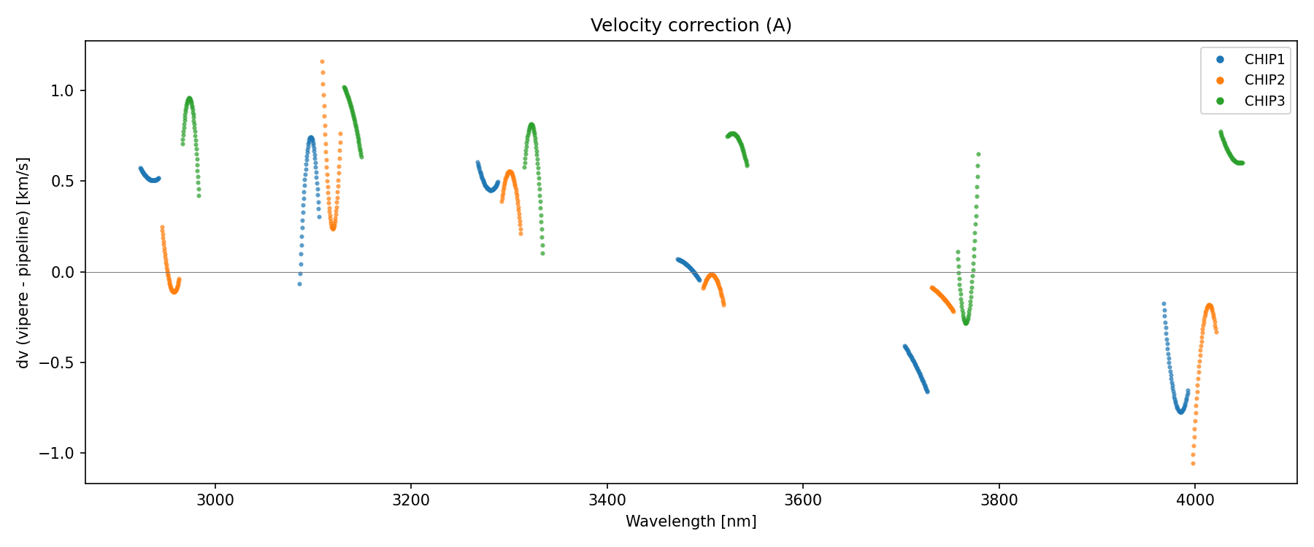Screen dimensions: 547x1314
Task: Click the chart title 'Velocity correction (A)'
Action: pyautogui.click(x=691, y=26)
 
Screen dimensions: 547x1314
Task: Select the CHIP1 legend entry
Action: pyautogui.click(x=1264, y=60)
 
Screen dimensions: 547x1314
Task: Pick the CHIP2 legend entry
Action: pyautogui.click(x=1264, y=80)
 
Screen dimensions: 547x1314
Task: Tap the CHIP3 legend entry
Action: pyautogui.click(x=1264, y=101)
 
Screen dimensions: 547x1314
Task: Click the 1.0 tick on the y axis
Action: pyautogui.click(x=63, y=91)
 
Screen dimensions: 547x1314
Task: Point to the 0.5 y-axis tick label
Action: pyautogui.click(x=63, y=182)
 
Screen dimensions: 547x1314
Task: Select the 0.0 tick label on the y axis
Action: pyautogui.click(x=63, y=272)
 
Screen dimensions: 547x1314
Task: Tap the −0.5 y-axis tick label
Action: pyautogui.click(x=58, y=363)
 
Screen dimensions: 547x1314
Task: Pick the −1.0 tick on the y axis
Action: pyautogui.click(x=58, y=454)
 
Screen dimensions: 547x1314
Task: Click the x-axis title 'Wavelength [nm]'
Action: pyautogui.click(x=691, y=521)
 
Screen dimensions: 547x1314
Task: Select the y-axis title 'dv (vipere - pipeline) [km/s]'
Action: pyautogui.click(x=23, y=263)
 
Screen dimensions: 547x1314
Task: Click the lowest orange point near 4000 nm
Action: pyautogui.click(x=1193, y=463)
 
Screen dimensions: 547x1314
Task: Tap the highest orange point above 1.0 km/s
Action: pyautogui.click(x=322, y=62)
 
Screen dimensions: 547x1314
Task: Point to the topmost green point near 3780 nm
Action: pyautogui.click(x=978, y=154)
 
